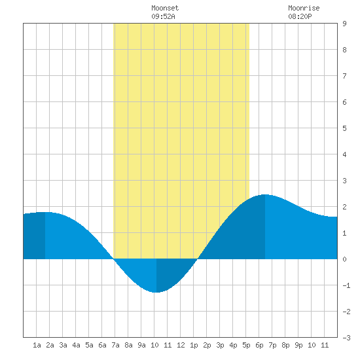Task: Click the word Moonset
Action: tap(165, 8)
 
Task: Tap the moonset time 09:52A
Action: tap(163, 16)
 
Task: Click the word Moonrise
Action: tap(304, 8)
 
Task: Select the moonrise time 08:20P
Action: tap(300, 16)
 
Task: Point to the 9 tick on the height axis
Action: tap(344, 24)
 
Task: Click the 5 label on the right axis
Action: tap(344, 128)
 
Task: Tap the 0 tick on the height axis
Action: tap(344, 259)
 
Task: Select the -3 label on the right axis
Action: tap(346, 338)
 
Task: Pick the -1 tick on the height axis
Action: tap(346, 285)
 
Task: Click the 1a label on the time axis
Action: tap(37, 345)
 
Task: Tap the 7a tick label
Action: tap(115, 345)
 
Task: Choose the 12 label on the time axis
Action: tap(181, 345)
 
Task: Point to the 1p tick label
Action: tap(194, 345)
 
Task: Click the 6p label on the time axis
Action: tap(259, 345)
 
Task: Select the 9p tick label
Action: tap(298, 345)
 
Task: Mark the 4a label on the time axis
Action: tap(76, 345)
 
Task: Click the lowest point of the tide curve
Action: tap(156, 293)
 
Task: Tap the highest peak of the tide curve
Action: tap(265, 194)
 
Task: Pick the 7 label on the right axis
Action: tap(344, 76)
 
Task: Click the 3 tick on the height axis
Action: tap(344, 181)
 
